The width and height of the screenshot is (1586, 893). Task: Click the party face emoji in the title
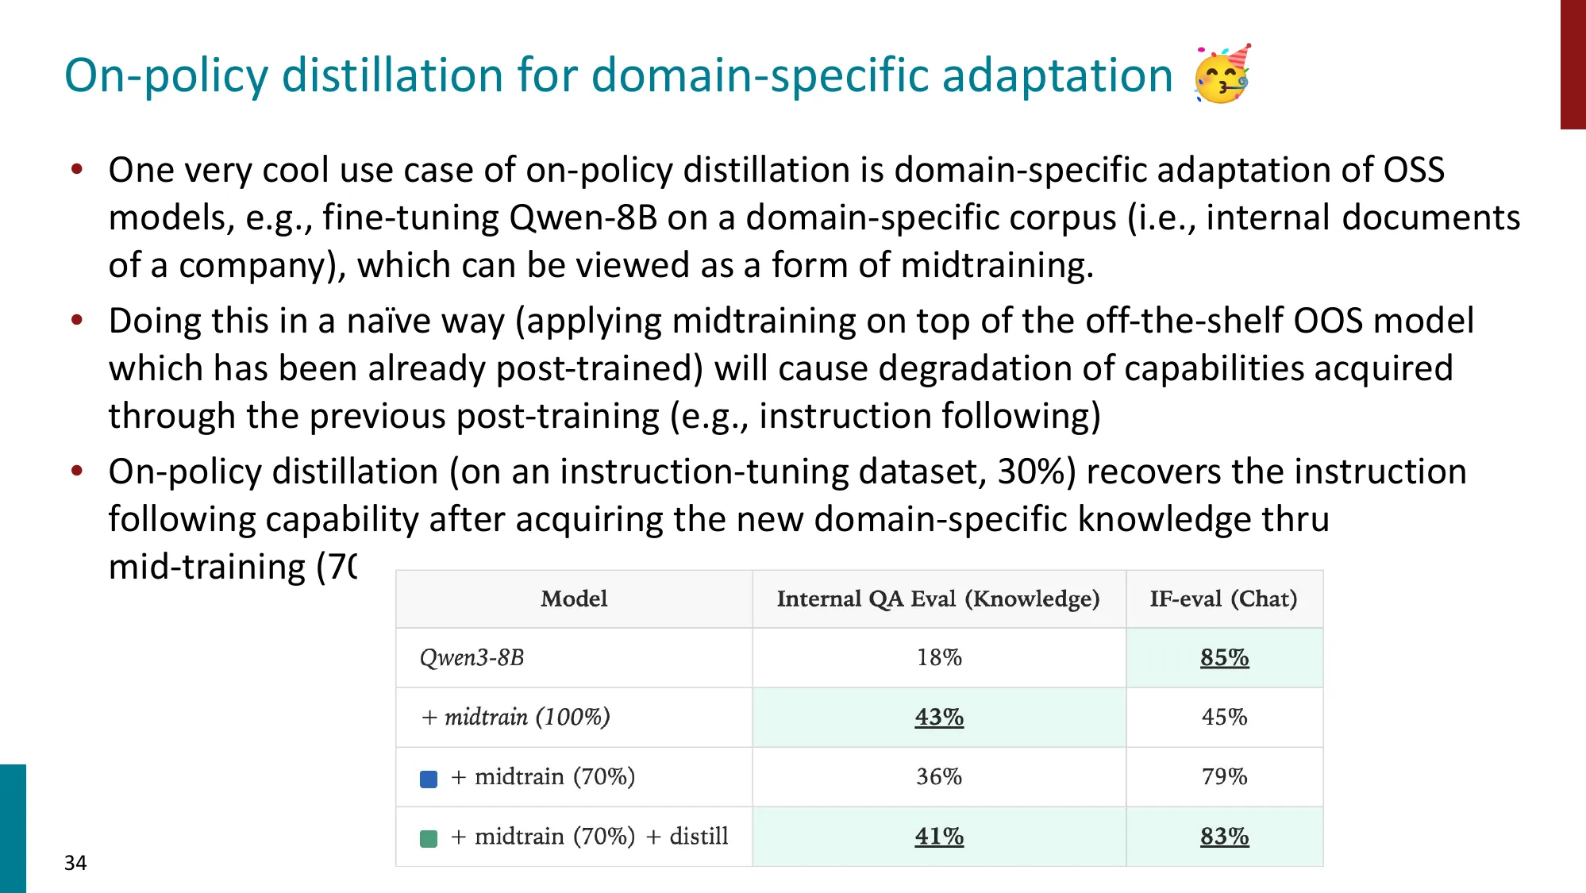click(1222, 74)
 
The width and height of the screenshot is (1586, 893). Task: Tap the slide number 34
click(75, 863)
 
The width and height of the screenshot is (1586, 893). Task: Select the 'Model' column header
click(574, 599)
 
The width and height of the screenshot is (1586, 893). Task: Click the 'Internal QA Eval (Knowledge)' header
click(938, 599)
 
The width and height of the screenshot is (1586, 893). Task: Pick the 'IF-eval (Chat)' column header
click(1223, 599)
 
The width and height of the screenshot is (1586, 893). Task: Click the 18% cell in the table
click(939, 657)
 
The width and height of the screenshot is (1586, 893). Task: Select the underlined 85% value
click(1224, 657)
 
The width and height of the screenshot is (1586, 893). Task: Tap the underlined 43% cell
click(939, 717)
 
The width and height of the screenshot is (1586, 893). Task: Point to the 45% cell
click(1224, 717)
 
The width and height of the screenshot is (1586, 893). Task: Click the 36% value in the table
click(939, 776)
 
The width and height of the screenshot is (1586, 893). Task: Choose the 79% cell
click(1224, 776)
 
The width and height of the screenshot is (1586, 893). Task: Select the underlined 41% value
click(939, 836)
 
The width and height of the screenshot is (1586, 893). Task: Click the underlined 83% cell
click(1224, 836)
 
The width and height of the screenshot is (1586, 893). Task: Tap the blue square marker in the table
click(429, 779)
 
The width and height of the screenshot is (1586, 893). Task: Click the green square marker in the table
click(429, 838)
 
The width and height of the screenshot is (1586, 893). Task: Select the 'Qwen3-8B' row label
click(472, 658)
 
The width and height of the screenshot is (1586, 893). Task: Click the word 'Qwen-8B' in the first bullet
click(583, 217)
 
